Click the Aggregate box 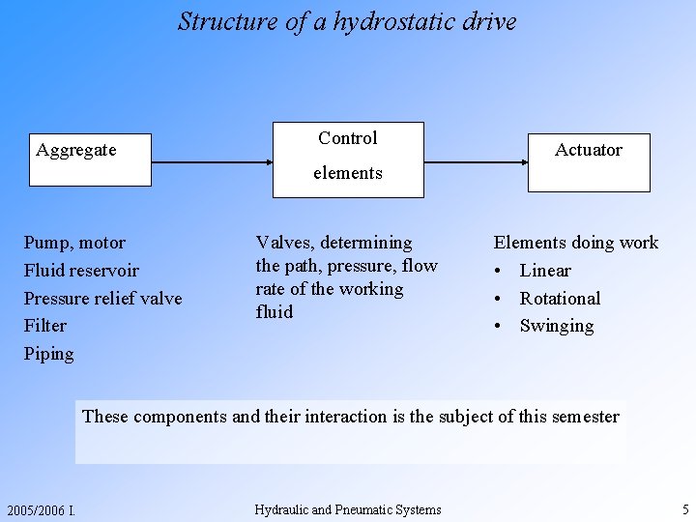pos(88,159)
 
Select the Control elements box pos(348,159)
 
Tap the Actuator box pos(589,161)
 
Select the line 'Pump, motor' pos(74,243)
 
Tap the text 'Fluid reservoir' pos(81,271)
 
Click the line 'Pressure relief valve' pos(102,299)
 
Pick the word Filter pos(45,326)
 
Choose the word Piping pos(48,354)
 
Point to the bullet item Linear pos(545,271)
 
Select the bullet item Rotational pos(560,299)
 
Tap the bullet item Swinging pos(557,326)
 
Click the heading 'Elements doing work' pos(576,243)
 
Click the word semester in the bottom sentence pos(583,417)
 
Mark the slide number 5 pos(684,509)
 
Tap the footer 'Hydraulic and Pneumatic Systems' pos(348,509)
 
